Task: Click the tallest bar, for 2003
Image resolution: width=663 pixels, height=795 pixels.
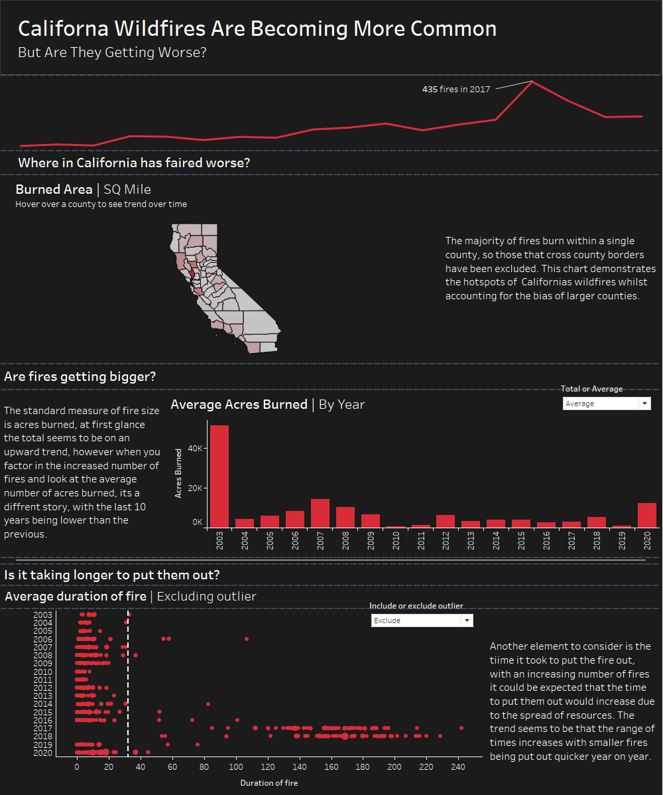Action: point(219,476)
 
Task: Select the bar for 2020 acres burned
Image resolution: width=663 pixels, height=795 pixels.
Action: point(647,515)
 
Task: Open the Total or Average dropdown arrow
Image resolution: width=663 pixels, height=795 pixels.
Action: point(644,403)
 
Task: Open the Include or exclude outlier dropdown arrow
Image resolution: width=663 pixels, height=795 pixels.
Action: point(467,620)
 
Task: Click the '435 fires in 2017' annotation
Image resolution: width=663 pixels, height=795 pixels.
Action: point(456,89)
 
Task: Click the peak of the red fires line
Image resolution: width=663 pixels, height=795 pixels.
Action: point(532,82)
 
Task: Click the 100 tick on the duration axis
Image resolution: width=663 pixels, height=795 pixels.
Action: point(235,766)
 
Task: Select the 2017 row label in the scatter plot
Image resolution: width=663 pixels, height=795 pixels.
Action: point(42,728)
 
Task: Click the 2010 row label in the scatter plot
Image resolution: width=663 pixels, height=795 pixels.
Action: point(42,671)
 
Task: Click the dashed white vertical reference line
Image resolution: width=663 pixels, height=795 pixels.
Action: point(127,684)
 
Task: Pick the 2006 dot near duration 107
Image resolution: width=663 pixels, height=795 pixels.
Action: point(247,638)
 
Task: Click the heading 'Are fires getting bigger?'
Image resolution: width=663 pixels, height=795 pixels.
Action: point(80,377)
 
